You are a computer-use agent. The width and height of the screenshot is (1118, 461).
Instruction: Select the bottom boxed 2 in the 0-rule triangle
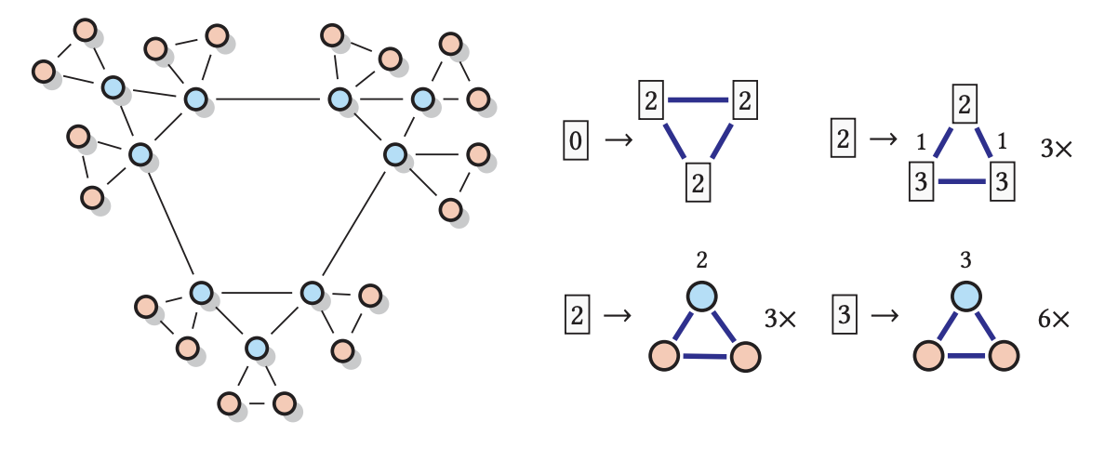tap(699, 182)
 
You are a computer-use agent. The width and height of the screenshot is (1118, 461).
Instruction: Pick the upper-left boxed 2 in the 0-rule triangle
tap(651, 100)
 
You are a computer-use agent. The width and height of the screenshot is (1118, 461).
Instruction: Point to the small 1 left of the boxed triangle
tap(921, 143)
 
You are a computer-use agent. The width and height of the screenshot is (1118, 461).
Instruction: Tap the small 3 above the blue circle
tap(965, 258)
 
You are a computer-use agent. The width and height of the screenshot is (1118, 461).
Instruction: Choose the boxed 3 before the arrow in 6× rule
tap(843, 315)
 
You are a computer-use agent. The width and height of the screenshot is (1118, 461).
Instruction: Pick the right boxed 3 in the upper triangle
tap(1001, 181)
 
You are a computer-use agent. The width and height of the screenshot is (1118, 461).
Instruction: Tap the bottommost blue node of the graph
tap(257, 349)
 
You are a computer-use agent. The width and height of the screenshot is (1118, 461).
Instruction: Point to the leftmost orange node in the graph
tap(43, 71)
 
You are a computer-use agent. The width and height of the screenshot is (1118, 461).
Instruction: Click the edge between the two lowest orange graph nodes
tap(257, 403)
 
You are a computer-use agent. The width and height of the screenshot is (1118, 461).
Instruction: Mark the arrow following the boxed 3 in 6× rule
tap(885, 316)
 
